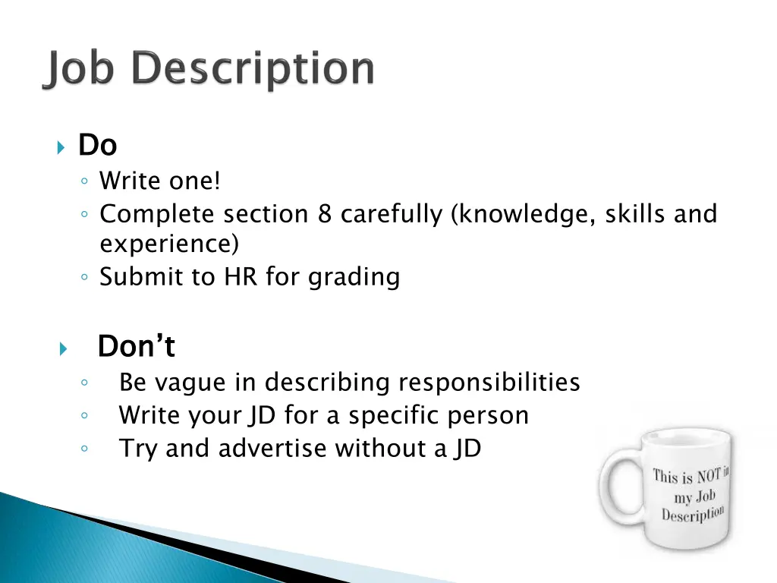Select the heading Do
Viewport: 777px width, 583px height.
click(97, 144)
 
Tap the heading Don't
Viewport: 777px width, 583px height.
click(137, 347)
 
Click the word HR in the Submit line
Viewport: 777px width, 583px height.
click(241, 277)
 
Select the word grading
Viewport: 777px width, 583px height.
click(354, 278)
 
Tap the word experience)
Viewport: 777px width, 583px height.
click(169, 245)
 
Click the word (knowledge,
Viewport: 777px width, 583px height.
click(523, 215)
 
